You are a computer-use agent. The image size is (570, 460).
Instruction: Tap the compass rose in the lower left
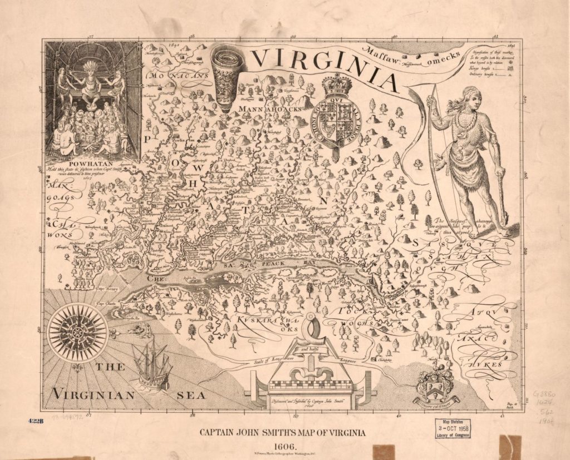tap(77, 332)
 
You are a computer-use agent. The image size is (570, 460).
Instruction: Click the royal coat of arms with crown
tap(333, 111)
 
